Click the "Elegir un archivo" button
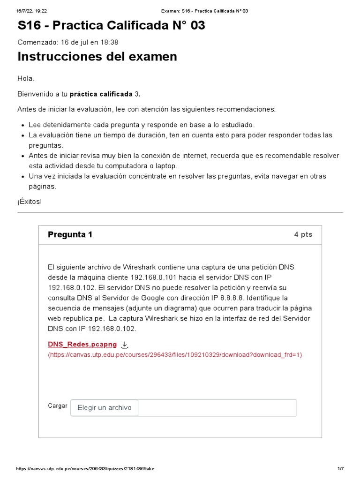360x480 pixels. pyautogui.click(x=105, y=408)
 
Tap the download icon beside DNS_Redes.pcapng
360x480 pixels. pyautogui.click(x=125, y=345)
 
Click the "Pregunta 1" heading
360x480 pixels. pyautogui.click(x=70, y=234)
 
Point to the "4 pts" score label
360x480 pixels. pyautogui.click(x=303, y=234)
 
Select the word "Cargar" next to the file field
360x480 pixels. pyautogui.click(x=58, y=406)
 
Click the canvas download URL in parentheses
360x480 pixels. pyautogui.click(x=175, y=355)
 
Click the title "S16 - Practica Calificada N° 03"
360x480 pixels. pyautogui.click(x=111, y=26)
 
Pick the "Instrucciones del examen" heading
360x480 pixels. pyautogui.click(x=97, y=57)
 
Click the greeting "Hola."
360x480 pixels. pyautogui.click(x=26, y=78)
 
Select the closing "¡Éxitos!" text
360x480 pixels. pyautogui.click(x=30, y=201)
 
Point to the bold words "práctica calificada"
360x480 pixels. pyautogui.click(x=101, y=94)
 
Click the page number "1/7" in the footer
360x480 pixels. pyautogui.click(x=341, y=469)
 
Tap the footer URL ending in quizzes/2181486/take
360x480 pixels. pyautogui.click(x=85, y=469)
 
